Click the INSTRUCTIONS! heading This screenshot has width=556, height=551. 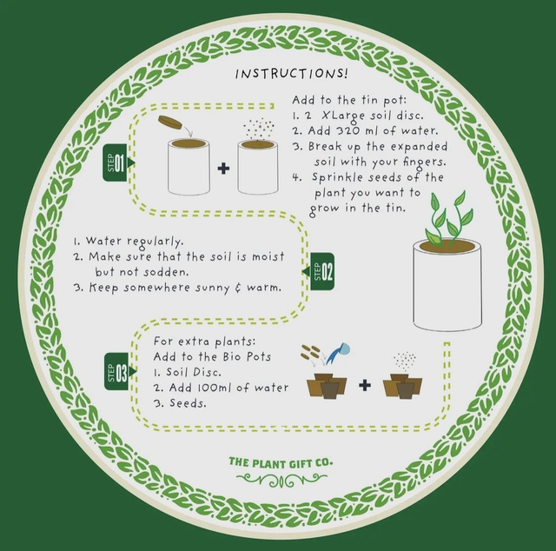[x=292, y=74]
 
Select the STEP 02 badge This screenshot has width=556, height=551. [x=321, y=271]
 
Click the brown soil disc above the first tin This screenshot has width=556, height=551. [x=170, y=122]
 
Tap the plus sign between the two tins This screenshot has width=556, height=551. [x=223, y=168]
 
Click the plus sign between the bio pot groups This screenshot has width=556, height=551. [x=365, y=385]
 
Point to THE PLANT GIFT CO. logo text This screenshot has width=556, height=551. [x=281, y=462]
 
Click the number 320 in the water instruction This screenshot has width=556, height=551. [x=347, y=131]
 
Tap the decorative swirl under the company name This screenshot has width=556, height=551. [x=281, y=481]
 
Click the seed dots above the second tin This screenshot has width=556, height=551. [x=259, y=128]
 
